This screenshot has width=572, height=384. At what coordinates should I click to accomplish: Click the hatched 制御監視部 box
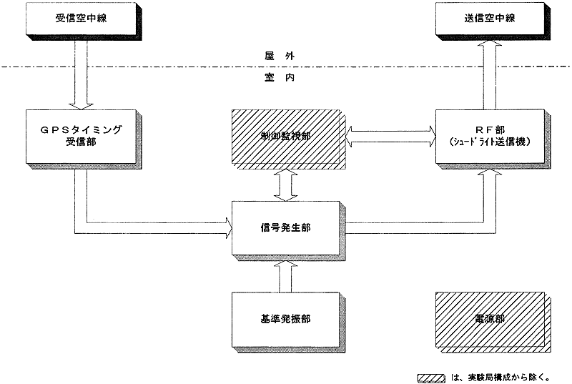point(285,137)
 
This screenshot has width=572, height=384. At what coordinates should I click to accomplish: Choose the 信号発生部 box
point(285,227)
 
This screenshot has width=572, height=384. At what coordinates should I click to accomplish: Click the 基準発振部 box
point(285,319)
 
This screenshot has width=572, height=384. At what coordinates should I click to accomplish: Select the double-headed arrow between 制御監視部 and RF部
point(390,132)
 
